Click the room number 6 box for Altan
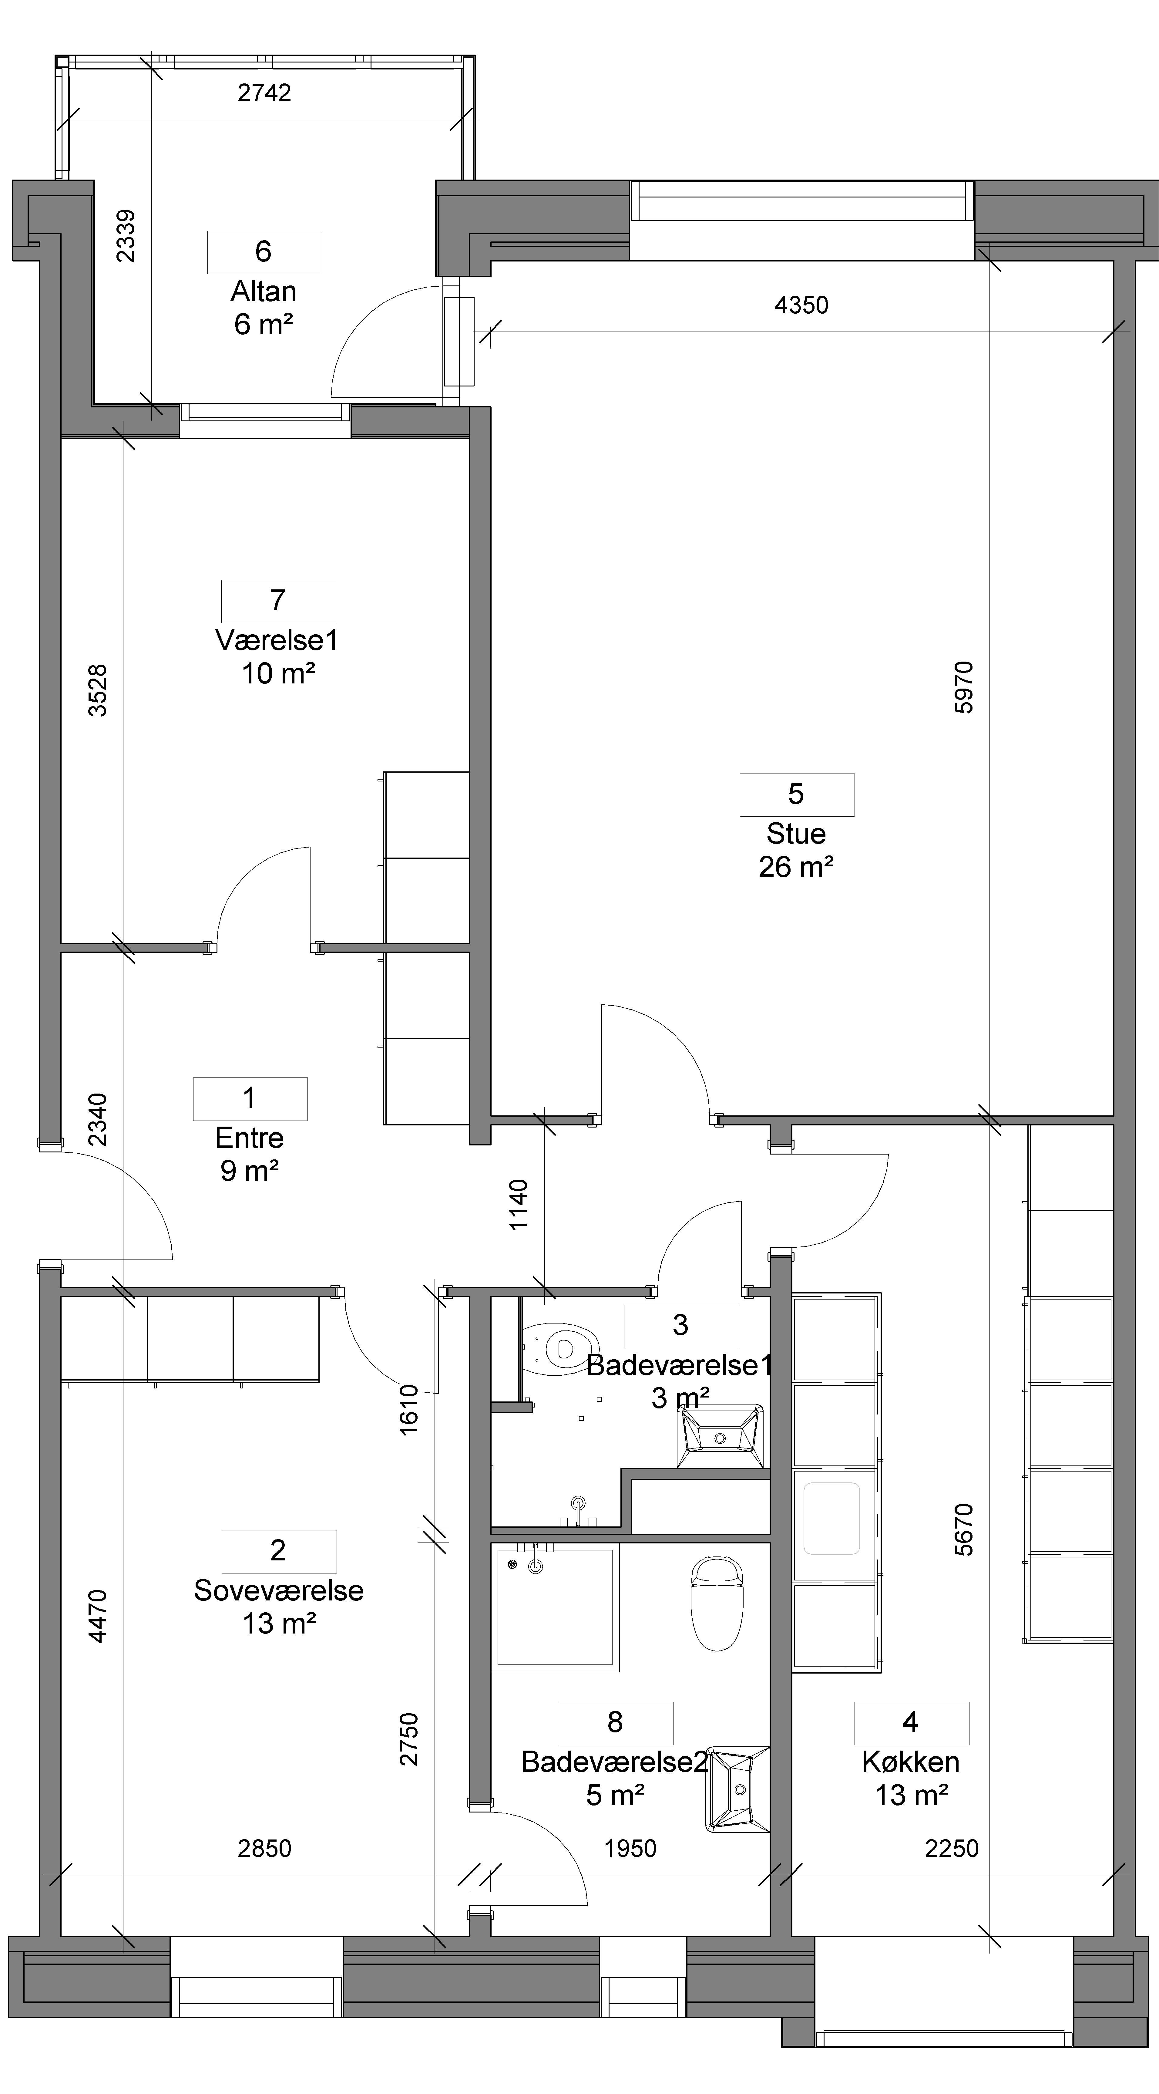264,252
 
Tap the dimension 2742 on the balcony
264,93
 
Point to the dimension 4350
801,306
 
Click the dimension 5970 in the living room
963,688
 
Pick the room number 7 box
278,601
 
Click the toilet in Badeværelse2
717,1604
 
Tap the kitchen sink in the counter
831,1519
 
